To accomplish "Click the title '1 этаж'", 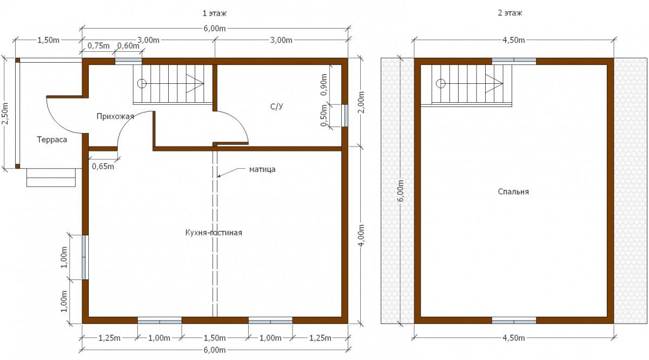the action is click(x=214, y=14).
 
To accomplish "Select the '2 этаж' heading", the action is click(x=510, y=13).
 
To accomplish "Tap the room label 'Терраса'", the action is click(x=52, y=139).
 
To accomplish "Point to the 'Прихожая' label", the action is click(x=115, y=116).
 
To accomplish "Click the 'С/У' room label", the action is click(x=277, y=106).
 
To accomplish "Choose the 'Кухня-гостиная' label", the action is click(x=214, y=232).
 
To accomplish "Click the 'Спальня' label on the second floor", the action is click(x=513, y=192).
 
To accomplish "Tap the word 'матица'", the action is click(x=262, y=169).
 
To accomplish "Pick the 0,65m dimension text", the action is click(x=103, y=166).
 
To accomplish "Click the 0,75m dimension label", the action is click(x=98, y=46).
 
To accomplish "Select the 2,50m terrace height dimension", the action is click(x=6, y=114).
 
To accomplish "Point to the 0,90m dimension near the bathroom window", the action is click(x=324, y=84).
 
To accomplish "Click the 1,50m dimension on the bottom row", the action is click(x=215, y=338).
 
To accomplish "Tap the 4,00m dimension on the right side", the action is click(x=361, y=235).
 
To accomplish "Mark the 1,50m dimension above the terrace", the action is click(x=48, y=40).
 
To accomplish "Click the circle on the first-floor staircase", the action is click(x=142, y=84).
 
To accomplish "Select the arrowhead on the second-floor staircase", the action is click(x=494, y=84).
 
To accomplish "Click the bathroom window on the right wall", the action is click(x=345, y=116).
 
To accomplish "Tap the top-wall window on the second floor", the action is click(x=514, y=61).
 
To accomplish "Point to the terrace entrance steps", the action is click(x=51, y=177).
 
